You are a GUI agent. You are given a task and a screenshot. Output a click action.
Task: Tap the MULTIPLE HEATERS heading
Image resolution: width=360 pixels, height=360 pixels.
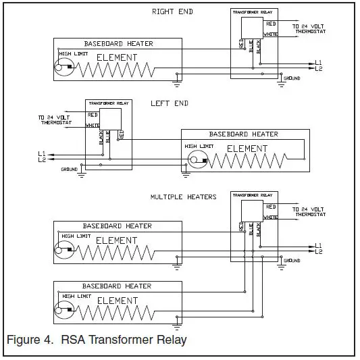[183, 197]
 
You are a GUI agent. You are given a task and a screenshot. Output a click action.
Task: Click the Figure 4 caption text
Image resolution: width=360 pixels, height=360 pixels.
[96, 339]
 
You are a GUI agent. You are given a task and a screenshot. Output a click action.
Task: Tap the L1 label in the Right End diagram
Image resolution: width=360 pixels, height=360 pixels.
[319, 63]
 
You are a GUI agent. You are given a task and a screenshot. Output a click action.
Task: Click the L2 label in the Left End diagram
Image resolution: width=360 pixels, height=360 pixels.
[42, 159]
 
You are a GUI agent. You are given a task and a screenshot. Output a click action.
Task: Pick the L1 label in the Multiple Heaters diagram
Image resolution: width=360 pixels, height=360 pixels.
[319, 245]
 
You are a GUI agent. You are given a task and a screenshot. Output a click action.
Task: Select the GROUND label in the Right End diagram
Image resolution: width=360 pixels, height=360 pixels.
[292, 78]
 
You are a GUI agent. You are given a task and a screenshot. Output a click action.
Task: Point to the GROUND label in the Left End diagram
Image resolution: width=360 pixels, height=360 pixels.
[69, 168]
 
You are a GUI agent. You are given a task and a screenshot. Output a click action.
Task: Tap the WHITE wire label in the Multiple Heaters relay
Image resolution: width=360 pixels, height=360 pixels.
[270, 217]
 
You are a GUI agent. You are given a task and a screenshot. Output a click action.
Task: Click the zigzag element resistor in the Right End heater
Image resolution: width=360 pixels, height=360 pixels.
[111, 67]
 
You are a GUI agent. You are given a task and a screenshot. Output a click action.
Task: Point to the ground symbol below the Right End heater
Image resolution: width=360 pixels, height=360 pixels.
[176, 84]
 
